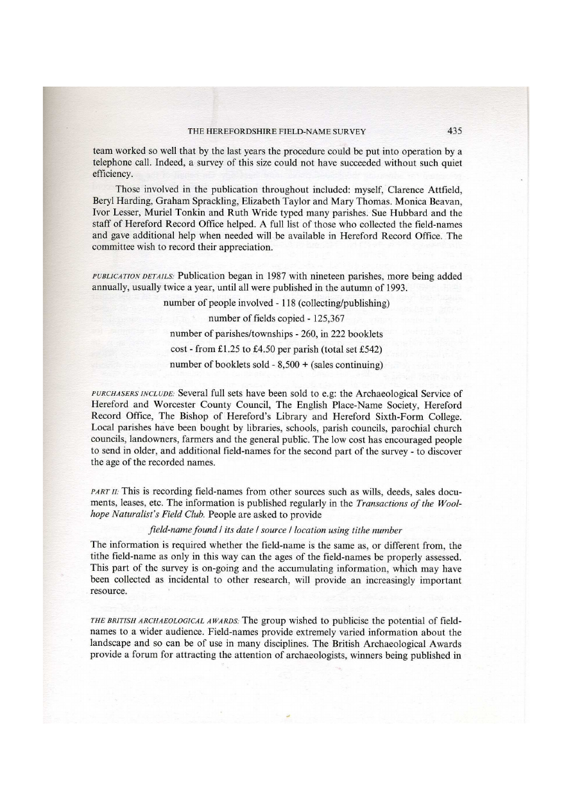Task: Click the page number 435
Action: coord(454,131)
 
